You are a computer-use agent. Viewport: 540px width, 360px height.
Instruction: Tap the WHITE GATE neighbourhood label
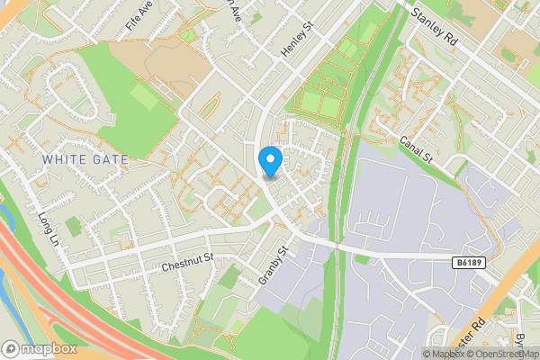(85, 159)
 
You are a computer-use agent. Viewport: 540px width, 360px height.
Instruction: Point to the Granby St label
(271, 265)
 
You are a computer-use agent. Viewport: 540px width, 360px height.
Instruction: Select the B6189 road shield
(464, 261)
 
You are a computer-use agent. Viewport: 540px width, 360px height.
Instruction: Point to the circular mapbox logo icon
(11, 348)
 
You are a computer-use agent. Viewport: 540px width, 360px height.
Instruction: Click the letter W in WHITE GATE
(48, 159)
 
